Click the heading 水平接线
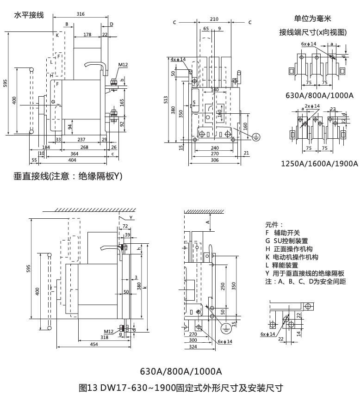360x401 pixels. coord(29,15)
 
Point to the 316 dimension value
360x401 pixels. coord(81,14)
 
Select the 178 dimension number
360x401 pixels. coord(87,34)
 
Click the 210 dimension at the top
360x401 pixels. coord(214,19)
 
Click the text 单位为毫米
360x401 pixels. coord(313,19)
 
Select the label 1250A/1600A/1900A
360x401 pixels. coord(319,164)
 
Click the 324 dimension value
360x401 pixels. coord(193,346)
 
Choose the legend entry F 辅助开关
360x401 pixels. coord(283,233)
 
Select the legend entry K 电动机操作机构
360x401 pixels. coord(292,257)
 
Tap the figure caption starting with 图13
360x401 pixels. coord(180,388)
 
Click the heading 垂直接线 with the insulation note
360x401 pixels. coord(68,176)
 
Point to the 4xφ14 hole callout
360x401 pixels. coord(178,60)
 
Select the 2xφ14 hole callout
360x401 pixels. coord(311,106)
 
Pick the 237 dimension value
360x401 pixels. coord(81,139)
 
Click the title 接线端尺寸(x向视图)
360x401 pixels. coord(313,32)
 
